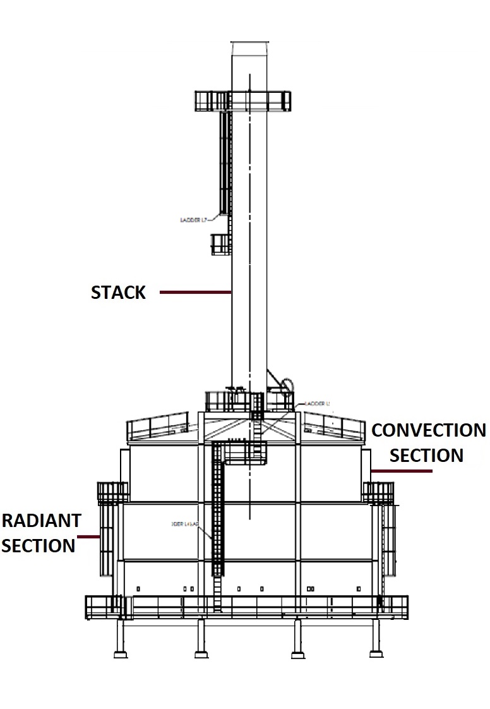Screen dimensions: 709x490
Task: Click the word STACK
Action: (x=119, y=293)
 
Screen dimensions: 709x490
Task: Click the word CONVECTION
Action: (x=429, y=431)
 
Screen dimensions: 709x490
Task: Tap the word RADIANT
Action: (x=42, y=521)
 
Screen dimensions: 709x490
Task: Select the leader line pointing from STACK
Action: (x=195, y=293)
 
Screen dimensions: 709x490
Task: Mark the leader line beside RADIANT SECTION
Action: (x=88, y=538)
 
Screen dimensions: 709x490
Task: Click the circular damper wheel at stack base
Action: (x=287, y=385)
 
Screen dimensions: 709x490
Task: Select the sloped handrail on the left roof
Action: (x=158, y=426)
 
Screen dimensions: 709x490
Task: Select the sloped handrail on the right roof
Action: (x=334, y=426)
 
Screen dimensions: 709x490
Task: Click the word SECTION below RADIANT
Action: (x=39, y=545)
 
